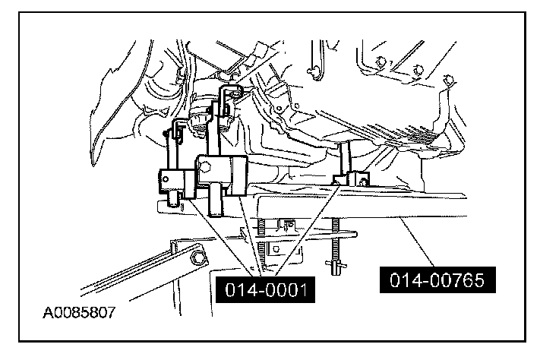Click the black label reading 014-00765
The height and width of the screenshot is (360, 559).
pos(437,281)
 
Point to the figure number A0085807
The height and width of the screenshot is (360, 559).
pos(80,311)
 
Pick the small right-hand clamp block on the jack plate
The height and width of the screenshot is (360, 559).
pos(352,179)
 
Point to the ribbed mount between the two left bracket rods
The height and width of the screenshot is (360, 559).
pos(201,121)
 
